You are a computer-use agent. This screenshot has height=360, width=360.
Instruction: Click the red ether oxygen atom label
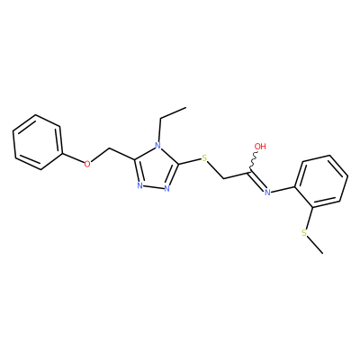[x=87, y=164]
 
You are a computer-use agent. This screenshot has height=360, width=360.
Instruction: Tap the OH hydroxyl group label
[x=260, y=147]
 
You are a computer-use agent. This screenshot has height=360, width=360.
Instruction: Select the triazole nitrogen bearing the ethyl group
[x=157, y=146]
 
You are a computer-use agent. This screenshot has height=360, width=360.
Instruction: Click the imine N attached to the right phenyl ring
[x=267, y=192]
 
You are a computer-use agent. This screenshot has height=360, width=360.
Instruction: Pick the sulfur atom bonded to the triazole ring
[x=204, y=157]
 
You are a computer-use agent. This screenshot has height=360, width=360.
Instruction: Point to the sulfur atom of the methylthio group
[x=304, y=233]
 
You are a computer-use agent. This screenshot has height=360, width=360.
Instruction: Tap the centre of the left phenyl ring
[x=38, y=142]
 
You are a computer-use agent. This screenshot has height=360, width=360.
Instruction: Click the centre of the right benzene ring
[x=321, y=181]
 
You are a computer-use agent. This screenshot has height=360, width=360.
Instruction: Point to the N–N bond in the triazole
[x=153, y=187]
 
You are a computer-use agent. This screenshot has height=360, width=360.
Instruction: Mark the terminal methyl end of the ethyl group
[x=186, y=107]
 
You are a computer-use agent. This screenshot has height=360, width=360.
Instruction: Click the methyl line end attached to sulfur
[x=323, y=254]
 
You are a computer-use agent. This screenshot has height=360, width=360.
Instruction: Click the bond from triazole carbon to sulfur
[x=190, y=161]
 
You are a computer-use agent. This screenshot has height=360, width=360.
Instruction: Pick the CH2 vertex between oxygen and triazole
[x=110, y=148]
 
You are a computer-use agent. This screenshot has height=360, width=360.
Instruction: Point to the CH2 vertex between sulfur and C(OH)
[x=224, y=179]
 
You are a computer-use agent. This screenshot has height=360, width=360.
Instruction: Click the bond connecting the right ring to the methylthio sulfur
[x=310, y=218]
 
